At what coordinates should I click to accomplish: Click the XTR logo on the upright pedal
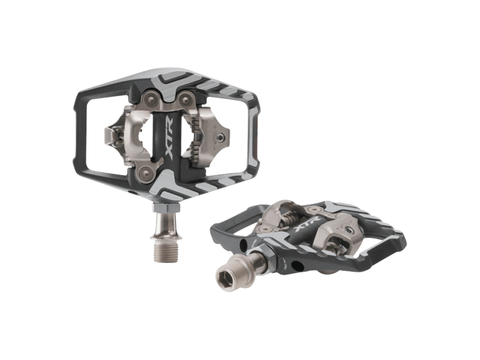click(170, 137)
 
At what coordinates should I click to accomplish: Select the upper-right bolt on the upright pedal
click(185, 99)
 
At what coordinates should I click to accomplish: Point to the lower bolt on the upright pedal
click(146, 173)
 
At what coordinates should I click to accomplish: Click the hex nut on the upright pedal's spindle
click(166, 208)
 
